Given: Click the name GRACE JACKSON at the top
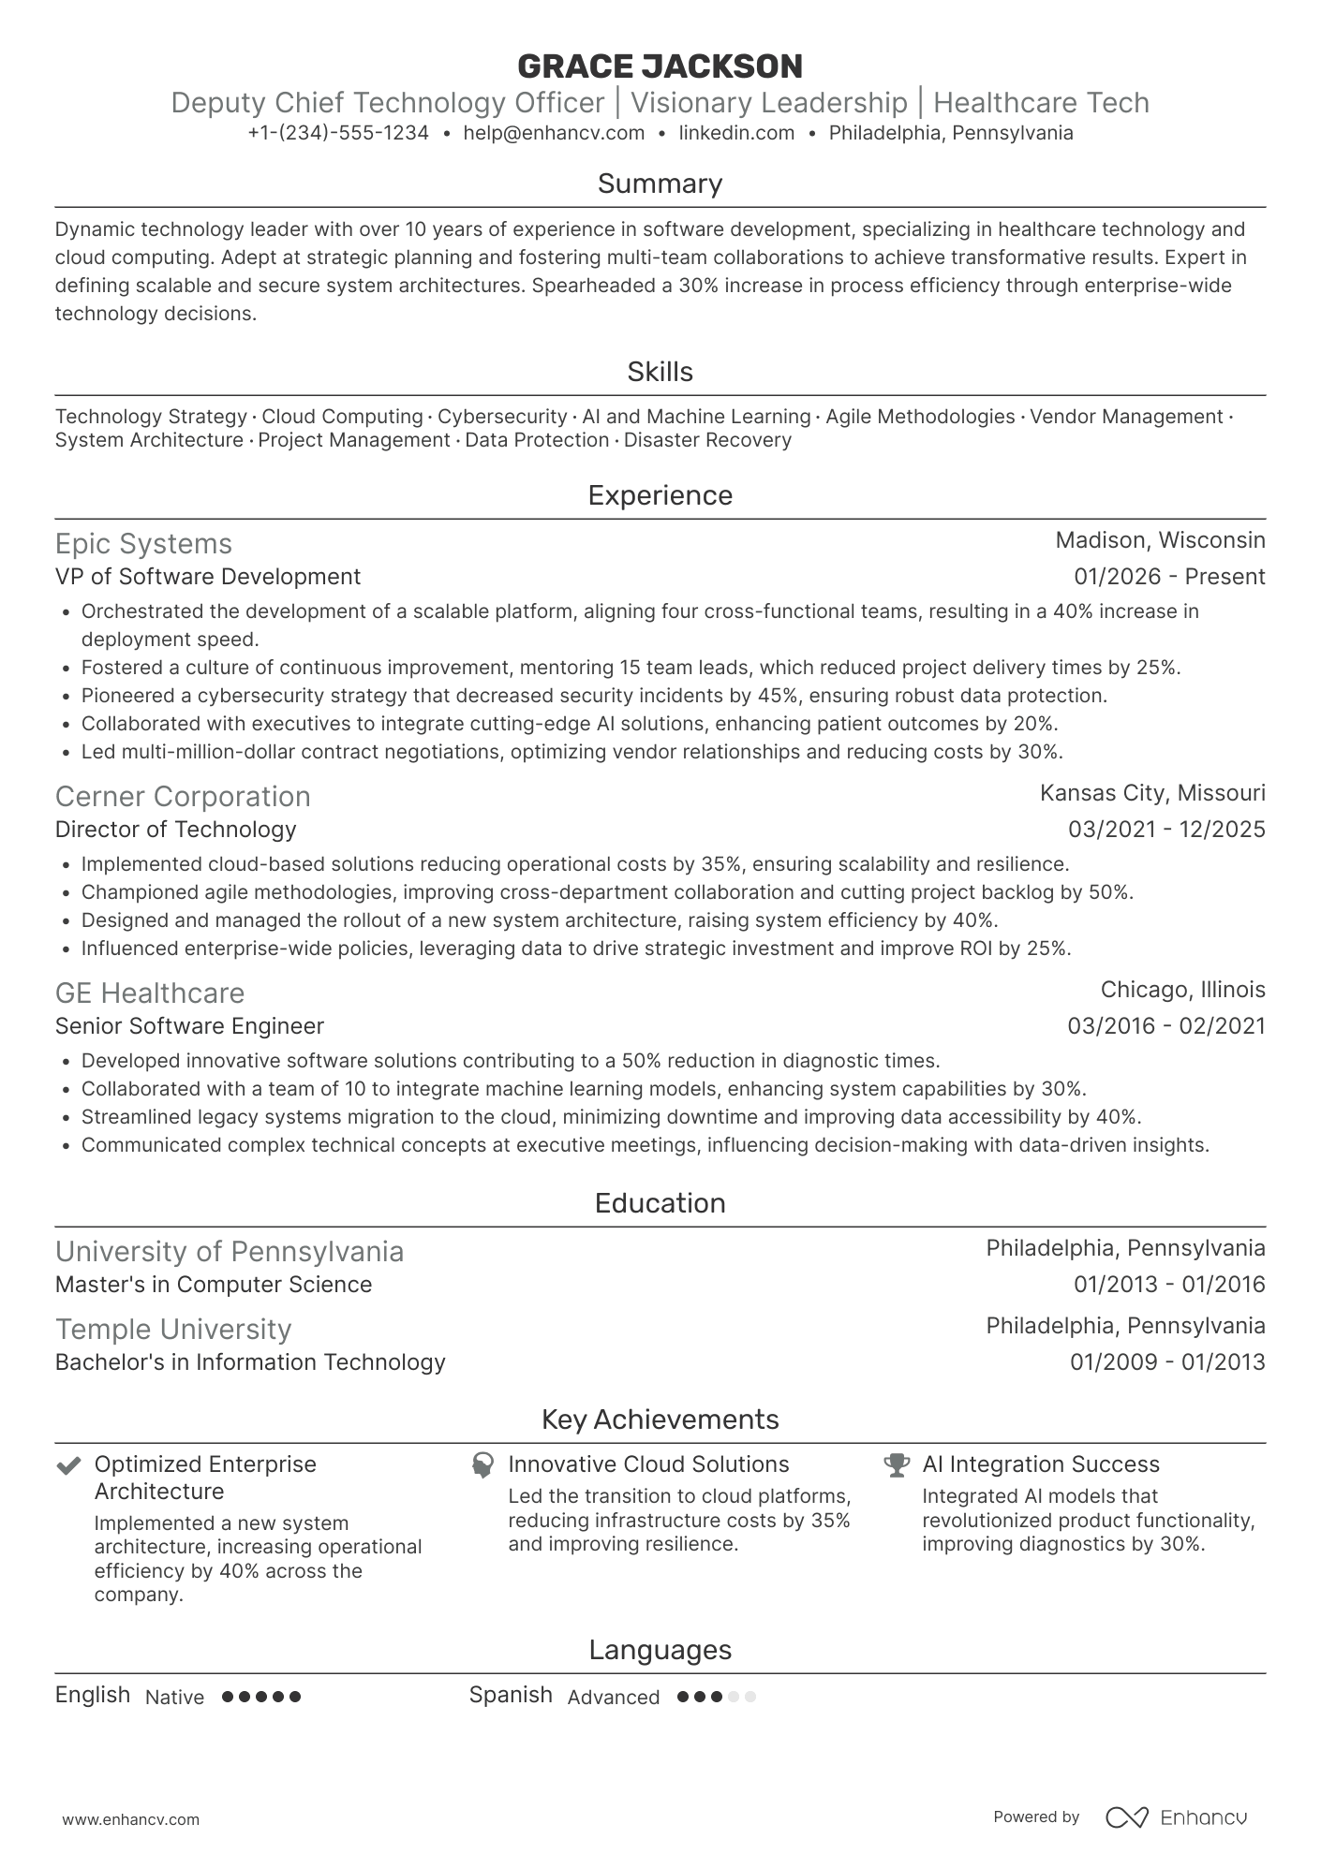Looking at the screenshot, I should tap(660, 66).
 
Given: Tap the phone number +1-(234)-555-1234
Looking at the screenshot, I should tap(338, 133).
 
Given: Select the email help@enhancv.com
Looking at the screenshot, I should tap(554, 133).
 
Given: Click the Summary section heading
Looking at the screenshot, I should tap(660, 184).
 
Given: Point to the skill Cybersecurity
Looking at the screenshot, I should tap(502, 417).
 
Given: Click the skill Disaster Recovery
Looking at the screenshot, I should tap(707, 440).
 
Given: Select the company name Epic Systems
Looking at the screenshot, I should tap(143, 544).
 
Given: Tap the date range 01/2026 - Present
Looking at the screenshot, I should tap(1169, 577).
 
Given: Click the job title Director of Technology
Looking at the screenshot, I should tap(175, 830).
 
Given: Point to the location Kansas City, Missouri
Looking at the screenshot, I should tap(1151, 793).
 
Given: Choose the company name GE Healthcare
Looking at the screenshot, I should tap(150, 993).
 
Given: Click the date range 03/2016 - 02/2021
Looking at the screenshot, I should tap(1165, 1026).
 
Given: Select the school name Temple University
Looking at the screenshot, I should tap(173, 1330).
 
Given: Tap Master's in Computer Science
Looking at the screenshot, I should tap(214, 1285).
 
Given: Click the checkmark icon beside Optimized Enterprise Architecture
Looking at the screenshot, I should tap(68, 1465).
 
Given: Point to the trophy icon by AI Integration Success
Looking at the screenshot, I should tap(897, 1465).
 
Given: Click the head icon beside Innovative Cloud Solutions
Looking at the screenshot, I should tap(482, 1465).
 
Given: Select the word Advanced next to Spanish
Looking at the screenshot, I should tap(614, 1698).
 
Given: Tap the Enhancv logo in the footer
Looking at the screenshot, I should tap(1177, 1817).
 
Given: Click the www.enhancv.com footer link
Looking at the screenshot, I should tap(130, 1820).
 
